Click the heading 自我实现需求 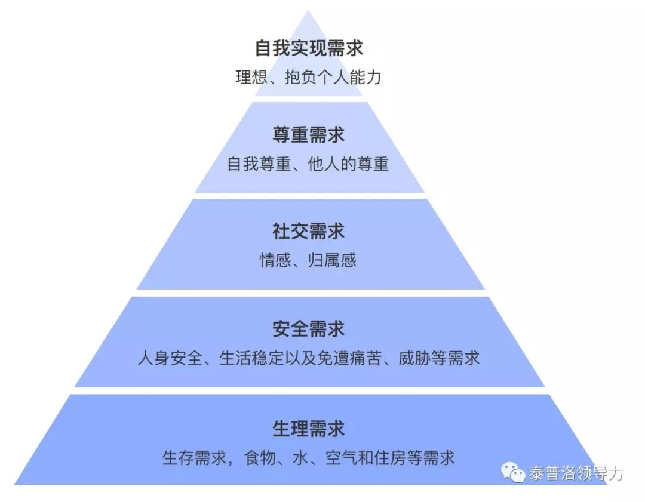coord(309,48)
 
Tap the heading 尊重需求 coord(309,135)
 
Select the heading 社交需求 coord(309,231)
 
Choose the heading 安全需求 coord(309,328)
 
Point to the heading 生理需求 coord(309,429)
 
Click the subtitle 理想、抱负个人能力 coord(309,77)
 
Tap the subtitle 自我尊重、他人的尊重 coord(308,164)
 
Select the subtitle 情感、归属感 coord(308,260)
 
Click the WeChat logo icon coord(513,473)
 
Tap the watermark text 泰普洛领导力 coord(576,473)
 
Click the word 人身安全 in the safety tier coord(170,358)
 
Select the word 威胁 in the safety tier coord(414,358)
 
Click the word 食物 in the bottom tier coord(260,458)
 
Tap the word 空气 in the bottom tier coord(341,458)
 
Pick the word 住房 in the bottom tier coord(389,458)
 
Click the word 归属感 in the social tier coord(333,260)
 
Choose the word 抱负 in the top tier coord(300,77)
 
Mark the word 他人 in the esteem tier coord(324,164)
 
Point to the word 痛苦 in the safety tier coord(365,358)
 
